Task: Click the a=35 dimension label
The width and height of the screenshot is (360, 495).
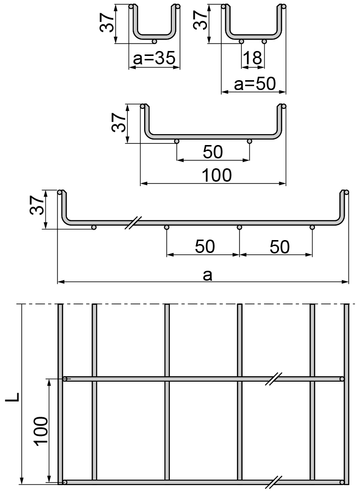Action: coord(154,58)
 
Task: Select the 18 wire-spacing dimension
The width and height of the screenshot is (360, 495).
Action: coord(253,58)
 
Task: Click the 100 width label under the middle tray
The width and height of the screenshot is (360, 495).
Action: coord(216,175)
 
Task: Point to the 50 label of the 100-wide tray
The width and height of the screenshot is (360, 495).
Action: coord(213,152)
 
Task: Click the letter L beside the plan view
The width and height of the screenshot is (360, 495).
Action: coord(13,397)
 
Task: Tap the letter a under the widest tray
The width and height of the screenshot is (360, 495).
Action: coord(207,275)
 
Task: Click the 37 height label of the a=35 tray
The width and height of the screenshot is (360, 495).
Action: coord(107,23)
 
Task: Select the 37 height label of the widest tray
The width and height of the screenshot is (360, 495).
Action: coord(37,205)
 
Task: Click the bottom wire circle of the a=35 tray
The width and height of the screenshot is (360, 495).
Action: coord(154,42)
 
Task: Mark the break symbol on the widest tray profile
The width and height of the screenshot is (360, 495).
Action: coord(133,223)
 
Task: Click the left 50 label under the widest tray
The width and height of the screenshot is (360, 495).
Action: coord(205,247)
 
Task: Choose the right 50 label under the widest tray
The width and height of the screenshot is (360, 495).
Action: coord(280,247)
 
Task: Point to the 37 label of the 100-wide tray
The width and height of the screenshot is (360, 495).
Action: coord(119,122)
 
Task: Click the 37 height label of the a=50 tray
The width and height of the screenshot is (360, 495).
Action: coord(200,20)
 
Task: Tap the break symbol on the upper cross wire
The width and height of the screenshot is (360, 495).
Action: coord(273,379)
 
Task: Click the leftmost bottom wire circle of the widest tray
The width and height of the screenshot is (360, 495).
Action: coord(94,227)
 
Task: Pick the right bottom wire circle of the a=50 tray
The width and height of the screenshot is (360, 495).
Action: coord(264,42)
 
